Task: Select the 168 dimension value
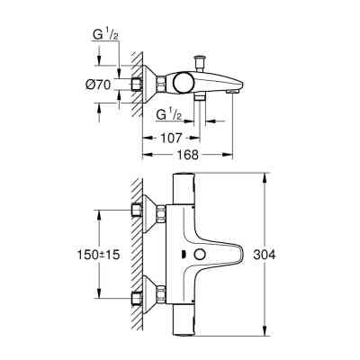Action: tap(189, 154)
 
